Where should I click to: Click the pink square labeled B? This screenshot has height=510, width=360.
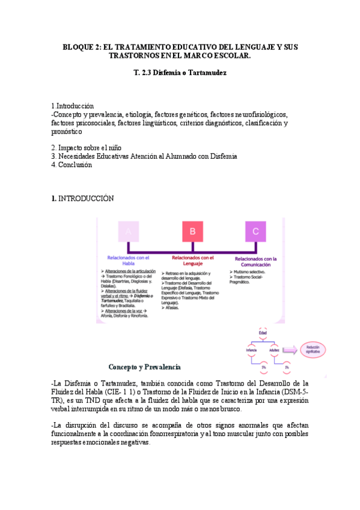(x=192, y=232)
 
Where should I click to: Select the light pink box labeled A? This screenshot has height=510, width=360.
(x=129, y=232)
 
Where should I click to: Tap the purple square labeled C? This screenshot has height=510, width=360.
(x=256, y=232)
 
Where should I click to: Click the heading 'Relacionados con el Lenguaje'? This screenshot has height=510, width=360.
(x=192, y=260)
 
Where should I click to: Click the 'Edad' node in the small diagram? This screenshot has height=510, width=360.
(x=263, y=333)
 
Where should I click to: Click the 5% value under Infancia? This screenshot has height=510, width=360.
(x=263, y=367)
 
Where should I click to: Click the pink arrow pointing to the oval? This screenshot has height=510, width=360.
(x=290, y=349)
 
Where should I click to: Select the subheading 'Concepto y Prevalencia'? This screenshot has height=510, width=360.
(x=144, y=367)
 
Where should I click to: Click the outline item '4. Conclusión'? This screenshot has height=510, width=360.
(x=72, y=165)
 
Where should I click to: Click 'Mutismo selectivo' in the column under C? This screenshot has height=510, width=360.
(x=247, y=272)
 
